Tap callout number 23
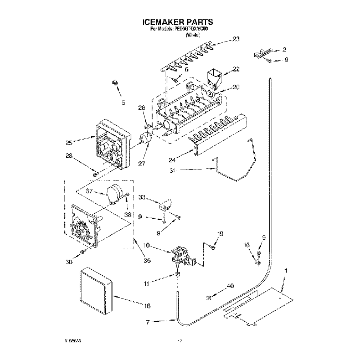[x=236, y=39]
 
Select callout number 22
[x=236, y=69]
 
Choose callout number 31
[x=173, y=171]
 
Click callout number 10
[x=147, y=245]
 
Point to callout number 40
[x=230, y=286]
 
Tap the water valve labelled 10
[x=181, y=255]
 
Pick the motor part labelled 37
[x=115, y=194]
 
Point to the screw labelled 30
[x=83, y=252]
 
